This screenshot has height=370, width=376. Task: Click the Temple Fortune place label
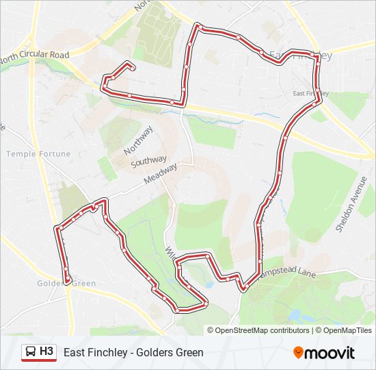38,154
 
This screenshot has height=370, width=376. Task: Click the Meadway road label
161,174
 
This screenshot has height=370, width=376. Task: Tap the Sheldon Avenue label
351,204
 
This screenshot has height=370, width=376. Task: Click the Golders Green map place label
66,283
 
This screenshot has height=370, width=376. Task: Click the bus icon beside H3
31,352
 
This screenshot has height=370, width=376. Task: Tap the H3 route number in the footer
46,352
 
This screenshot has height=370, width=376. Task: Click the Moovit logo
324,353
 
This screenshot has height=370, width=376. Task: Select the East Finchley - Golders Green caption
133,353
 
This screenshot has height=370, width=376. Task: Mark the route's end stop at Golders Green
67,277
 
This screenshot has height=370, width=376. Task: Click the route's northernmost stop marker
198,26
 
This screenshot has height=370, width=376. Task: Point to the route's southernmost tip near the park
177,310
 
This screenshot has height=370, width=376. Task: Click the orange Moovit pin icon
299,353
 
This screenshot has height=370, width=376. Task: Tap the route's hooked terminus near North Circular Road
129,66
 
